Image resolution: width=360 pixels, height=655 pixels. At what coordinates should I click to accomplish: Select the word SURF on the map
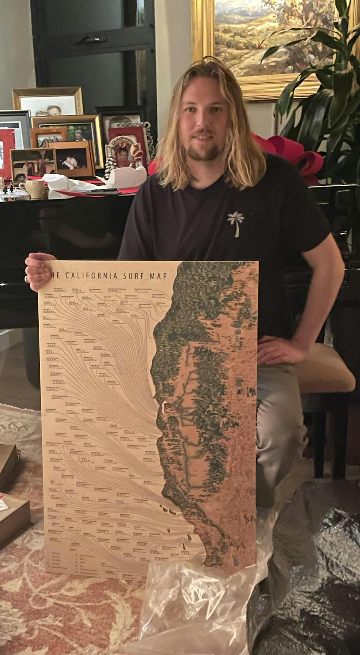tap(134, 276)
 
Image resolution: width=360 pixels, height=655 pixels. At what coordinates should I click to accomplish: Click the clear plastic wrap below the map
tap(197, 605)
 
